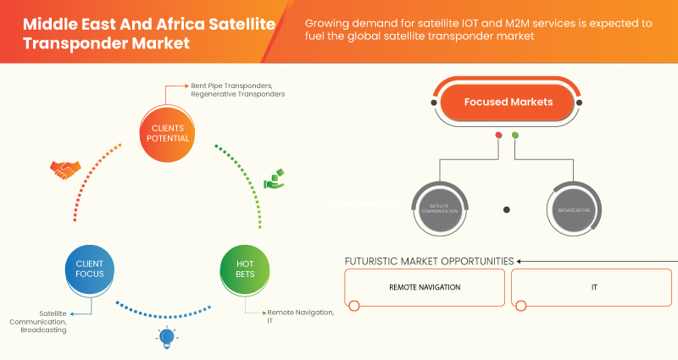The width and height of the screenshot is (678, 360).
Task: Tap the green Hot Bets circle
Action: coord(244,269)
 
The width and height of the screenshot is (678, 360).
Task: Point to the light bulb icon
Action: coord(166,337)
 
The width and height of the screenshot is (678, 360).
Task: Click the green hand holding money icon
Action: coord(275,180)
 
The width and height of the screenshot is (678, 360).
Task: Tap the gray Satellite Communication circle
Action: coord(438,208)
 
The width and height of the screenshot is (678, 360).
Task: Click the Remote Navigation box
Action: coord(425,288)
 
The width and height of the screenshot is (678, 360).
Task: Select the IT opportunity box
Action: coord(594,288)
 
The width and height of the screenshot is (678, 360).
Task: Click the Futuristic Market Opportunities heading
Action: coord(429,261)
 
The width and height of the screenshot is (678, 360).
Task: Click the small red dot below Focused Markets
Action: coord(498,135)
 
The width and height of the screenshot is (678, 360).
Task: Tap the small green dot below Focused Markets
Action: coord(515,135)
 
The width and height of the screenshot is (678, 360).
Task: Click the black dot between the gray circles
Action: coord(507,208)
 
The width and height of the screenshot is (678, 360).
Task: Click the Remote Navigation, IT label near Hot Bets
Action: coord(300,317)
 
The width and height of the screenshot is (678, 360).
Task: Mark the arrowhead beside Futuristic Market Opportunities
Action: coord(520,261)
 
